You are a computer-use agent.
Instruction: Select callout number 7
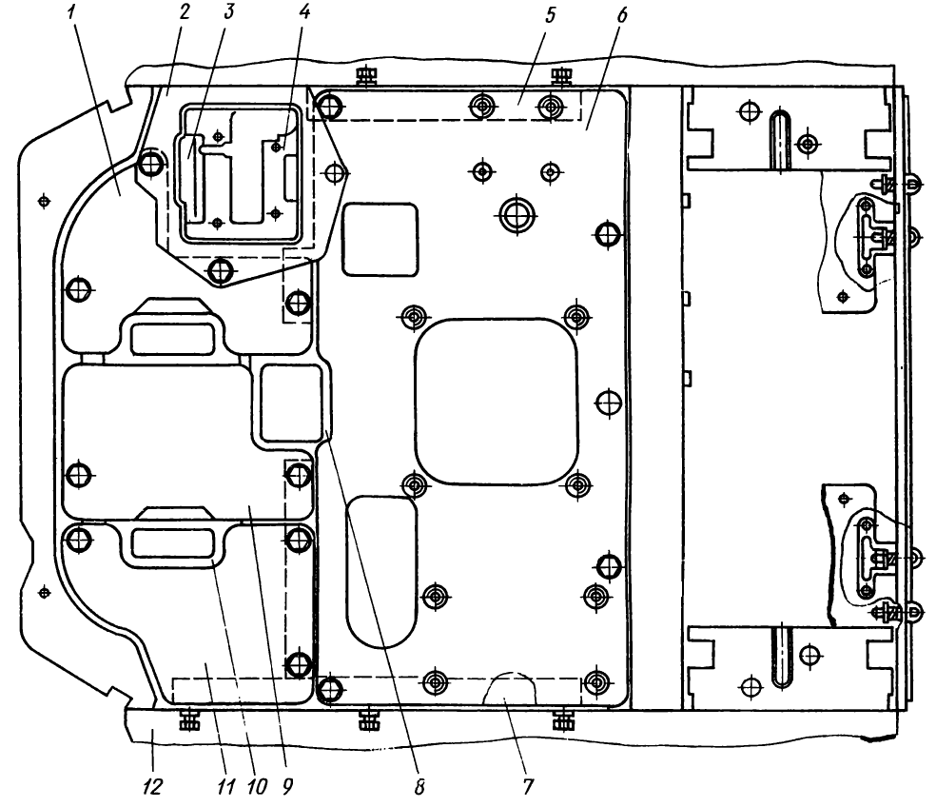click(530, 787)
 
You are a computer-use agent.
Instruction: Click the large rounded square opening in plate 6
click(497, 400)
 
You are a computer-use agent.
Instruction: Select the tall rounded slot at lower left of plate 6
click(382, 569)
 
